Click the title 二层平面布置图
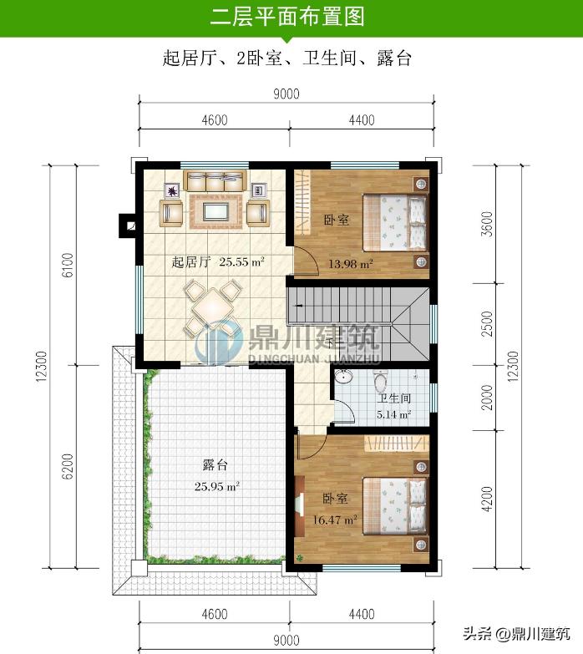pyautogui.click(x=287, y=17)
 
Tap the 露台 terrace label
pyautogui.click(x=215, y=464)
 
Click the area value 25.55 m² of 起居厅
pyautogui.click(x=242, y=261)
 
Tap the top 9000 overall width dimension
pyautogui.click(x=286, y=94)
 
